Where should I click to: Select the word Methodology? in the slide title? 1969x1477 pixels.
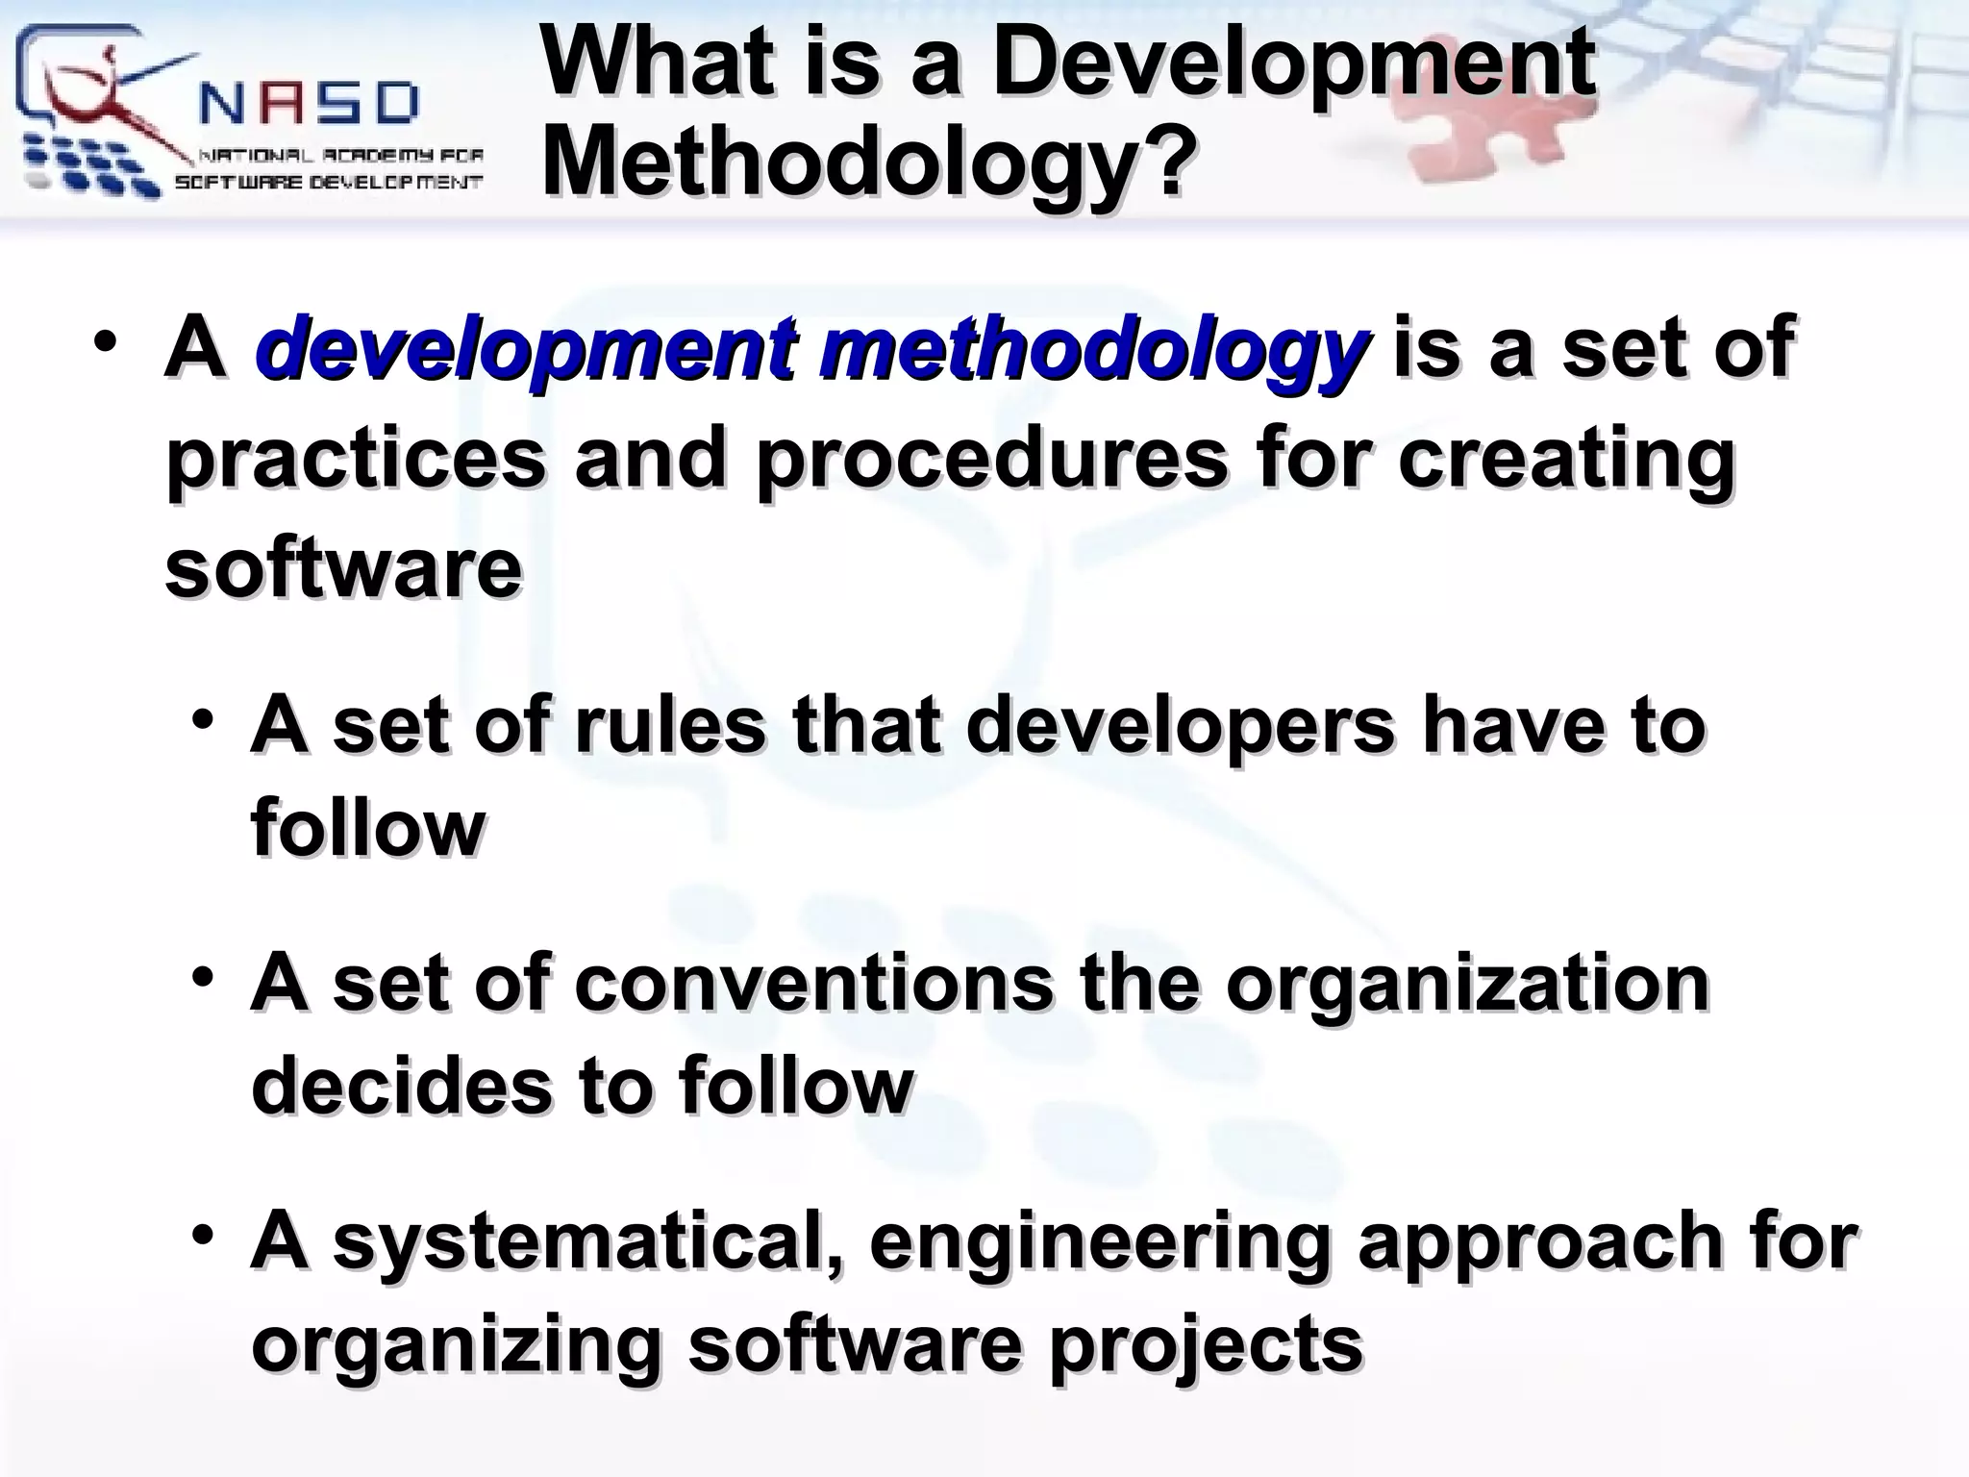[x=870, y=164]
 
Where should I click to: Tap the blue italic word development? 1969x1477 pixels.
[x=525, y=348]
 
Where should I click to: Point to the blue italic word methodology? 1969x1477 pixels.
[x=1092, y=348]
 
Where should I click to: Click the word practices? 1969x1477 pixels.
[x=356, y=460]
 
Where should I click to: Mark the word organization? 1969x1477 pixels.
[x=1467, y=985]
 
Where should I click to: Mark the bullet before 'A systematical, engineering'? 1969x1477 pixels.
[x=202, y=1234]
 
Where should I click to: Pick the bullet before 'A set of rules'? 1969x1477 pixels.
[x=202, y=718]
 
